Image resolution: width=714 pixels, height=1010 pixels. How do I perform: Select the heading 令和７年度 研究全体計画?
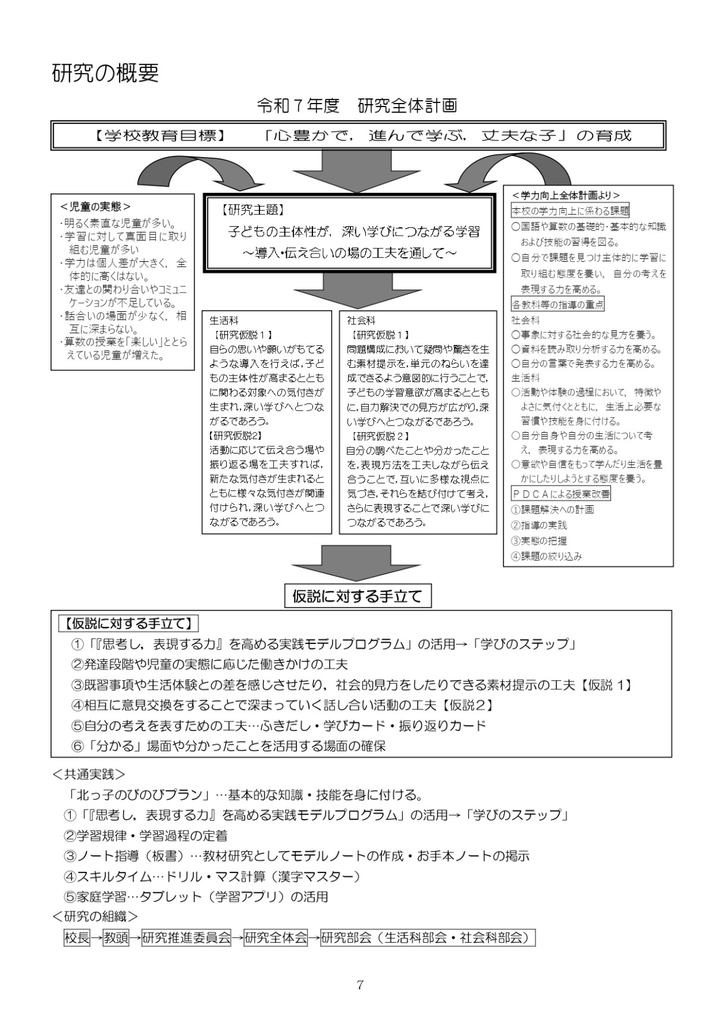[356, 106]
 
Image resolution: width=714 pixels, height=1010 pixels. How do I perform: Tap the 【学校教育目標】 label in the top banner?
[159, 136]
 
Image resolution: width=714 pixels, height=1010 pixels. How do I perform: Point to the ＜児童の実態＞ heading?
[96, 207]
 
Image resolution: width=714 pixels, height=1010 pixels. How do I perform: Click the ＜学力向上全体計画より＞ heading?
[565, 195]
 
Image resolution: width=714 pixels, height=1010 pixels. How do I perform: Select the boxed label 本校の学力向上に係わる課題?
[570, 211]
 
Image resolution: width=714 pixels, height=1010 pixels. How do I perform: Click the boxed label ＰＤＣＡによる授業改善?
[560, 494]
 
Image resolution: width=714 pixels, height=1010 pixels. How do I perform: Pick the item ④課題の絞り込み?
[546, 556]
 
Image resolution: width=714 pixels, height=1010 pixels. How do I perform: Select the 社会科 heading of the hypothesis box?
[361, 320]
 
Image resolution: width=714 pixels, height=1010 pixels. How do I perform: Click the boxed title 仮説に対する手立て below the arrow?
[357, 596]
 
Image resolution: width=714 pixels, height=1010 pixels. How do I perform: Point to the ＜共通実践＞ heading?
[89, 774]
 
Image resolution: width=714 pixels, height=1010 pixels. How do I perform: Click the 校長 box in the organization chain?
[77, 938]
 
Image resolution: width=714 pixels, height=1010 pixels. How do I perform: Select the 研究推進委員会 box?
[186, 938]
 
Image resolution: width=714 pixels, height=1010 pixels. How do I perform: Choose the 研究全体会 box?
[275, 938]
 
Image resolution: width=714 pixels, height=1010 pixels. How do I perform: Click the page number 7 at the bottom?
[359, 984]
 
